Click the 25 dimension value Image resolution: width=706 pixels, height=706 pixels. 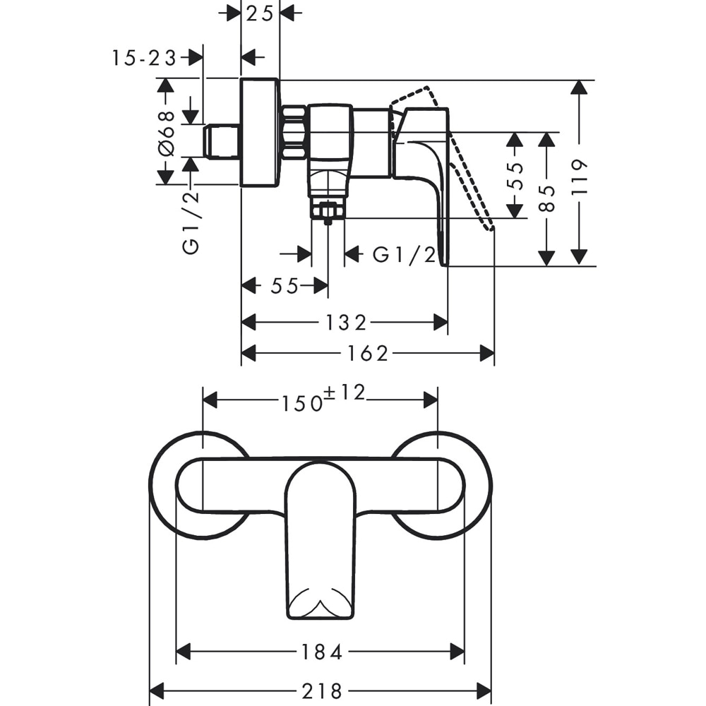tap(261, 13)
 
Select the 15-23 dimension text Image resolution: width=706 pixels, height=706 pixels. tap(144, 59)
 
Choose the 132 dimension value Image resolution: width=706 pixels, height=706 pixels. tap(345, 323)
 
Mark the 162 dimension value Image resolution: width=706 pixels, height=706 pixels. tap(368, 354)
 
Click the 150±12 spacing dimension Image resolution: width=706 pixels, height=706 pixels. tap(323, 400)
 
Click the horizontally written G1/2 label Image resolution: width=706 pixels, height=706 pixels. tap(404, 255)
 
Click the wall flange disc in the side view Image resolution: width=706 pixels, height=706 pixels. tap(260, 133)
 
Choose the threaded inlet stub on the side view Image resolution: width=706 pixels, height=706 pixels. tap(222, 141)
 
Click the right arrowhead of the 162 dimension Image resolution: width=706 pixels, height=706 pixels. tap(487, 354)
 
